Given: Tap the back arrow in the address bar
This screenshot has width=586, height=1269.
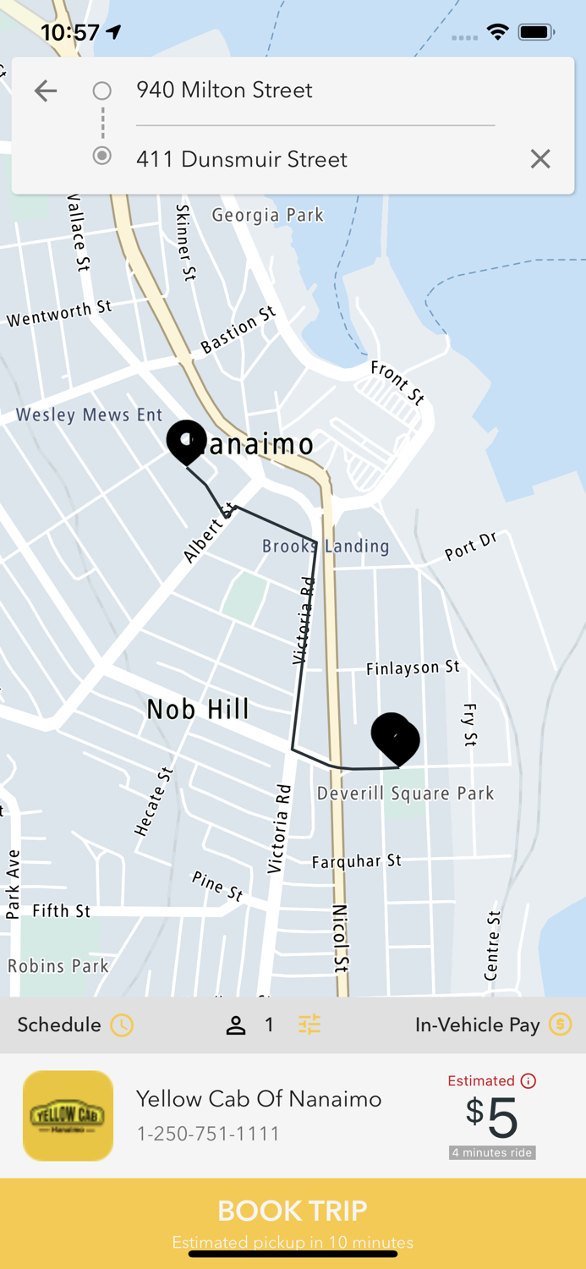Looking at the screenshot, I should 46,91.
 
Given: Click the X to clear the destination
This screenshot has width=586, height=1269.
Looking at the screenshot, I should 540,159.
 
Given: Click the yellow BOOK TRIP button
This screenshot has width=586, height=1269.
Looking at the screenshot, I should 293,1218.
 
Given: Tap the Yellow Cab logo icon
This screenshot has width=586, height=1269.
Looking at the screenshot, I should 68,1116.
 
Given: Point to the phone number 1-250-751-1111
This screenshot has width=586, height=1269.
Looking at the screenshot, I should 208,1134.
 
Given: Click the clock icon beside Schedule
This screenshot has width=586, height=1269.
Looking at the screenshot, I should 123,1025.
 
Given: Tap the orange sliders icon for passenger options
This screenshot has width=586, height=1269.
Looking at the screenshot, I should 309,1025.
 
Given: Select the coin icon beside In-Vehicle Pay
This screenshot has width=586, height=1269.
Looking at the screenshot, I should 560,1025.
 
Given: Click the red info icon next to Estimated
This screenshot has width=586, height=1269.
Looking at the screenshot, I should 528,1080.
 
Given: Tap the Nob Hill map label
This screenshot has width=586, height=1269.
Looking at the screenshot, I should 198,709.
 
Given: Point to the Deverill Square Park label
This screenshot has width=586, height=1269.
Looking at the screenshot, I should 405,794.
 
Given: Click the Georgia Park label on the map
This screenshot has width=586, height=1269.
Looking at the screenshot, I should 267,215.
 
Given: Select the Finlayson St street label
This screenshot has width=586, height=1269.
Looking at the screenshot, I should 413,668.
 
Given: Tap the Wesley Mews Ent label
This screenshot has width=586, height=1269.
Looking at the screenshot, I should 89,415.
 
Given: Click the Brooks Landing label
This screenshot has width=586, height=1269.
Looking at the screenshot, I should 326,547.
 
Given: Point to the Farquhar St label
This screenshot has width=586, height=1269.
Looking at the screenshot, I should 357,861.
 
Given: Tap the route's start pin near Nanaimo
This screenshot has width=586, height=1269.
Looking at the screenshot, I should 186,440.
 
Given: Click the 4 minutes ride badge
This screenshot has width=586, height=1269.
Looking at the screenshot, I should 492,1152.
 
